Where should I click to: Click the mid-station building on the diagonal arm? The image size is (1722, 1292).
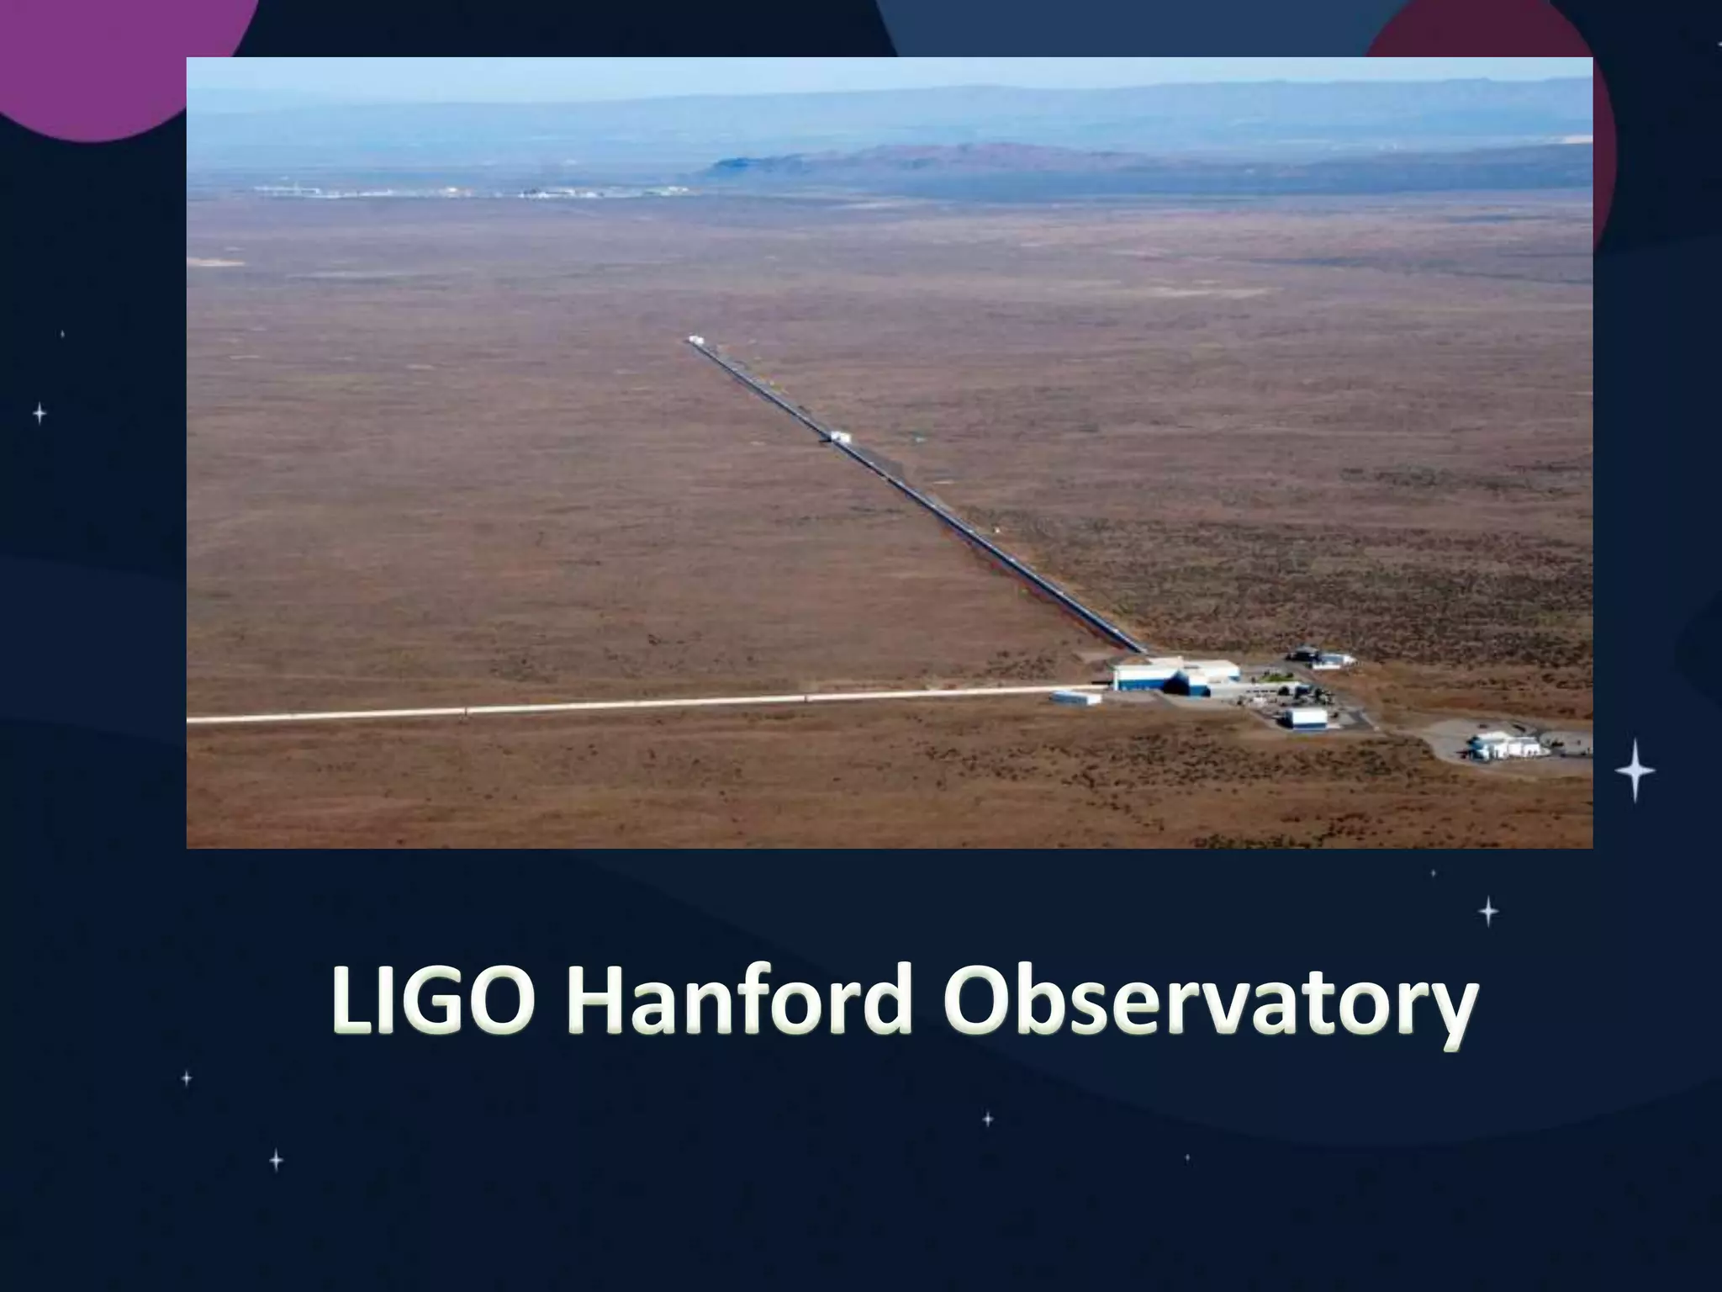tap(840, 437)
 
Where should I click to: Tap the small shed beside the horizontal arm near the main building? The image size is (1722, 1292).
tap(1075, 697)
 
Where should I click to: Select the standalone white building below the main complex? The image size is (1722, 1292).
tap(1306, 717)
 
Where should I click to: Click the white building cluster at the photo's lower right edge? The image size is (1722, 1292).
tap(1505, 745)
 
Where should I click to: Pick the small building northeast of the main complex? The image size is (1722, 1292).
tap(1333, 660)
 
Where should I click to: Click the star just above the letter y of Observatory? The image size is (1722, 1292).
tap(1488, 911)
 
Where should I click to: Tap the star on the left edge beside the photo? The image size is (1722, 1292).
tap(40, 413)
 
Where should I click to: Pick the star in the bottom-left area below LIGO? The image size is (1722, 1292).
tap(276, 1160)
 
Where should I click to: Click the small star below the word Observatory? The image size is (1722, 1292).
tap(988, 1119)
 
